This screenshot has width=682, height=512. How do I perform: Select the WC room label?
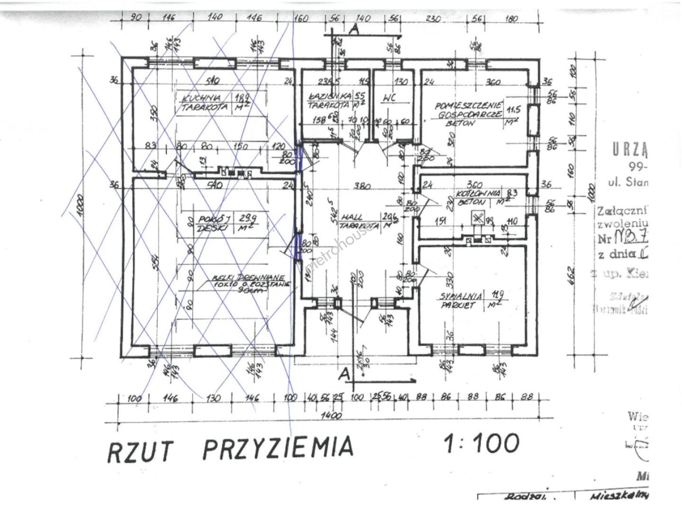(x=389, y=99)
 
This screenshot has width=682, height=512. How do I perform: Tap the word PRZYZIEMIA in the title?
(x=278, y=447)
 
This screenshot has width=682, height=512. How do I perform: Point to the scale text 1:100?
(x=481, y=443)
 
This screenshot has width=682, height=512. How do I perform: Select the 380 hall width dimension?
(x=362, y=186)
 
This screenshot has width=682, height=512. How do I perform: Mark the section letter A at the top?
(x=352, y=29)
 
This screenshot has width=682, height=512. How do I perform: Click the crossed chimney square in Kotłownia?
(x=477, y=219)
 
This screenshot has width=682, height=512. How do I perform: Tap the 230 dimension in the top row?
(x=433, y=19)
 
